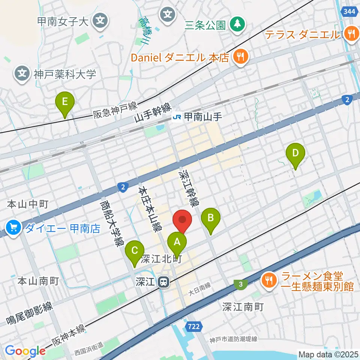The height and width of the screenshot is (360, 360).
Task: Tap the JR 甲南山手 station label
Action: point(197,117)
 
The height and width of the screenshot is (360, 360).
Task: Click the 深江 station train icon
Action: point(163,282)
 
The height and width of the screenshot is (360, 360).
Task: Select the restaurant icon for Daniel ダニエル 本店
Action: point(238,57)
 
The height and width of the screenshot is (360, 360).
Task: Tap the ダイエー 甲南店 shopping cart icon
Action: point(14,227)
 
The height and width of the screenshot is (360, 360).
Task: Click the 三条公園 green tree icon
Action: point(237,25)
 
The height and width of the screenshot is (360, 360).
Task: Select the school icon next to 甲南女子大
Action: point(100,21)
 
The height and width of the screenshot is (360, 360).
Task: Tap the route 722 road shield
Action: point(193,327)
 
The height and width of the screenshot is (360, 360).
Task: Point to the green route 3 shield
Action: point(240,284)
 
